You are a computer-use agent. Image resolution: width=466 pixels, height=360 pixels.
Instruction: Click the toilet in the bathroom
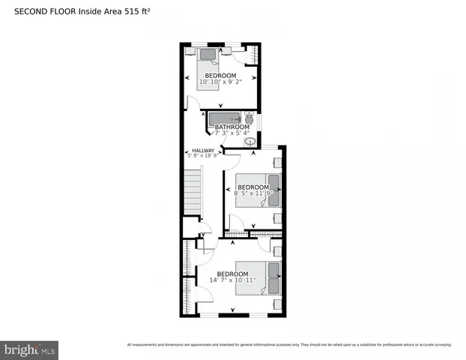(x=249, y=118)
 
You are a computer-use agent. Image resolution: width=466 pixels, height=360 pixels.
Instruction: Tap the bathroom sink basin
(x=251, y=140)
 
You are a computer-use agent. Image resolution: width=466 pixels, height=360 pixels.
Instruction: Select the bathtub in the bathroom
(x=223, y=118)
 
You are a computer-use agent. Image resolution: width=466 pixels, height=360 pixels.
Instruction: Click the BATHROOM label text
(x=232, y=127)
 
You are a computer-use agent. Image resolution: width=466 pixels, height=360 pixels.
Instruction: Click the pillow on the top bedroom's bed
(x=208, y=53)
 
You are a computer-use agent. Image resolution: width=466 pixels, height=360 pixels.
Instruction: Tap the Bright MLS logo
(x=29, y=349)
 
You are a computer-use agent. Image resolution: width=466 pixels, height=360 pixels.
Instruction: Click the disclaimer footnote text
(x=289, y=345)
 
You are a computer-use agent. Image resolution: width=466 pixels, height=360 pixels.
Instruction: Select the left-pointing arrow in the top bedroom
(x=187, y=77)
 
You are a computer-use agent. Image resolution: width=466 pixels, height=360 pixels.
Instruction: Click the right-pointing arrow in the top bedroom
(x=255, y=77)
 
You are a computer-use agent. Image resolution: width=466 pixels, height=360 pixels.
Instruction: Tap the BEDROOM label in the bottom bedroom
(x=232, y=274)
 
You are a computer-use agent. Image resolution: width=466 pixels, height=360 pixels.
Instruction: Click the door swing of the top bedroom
(x=193, y=103)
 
